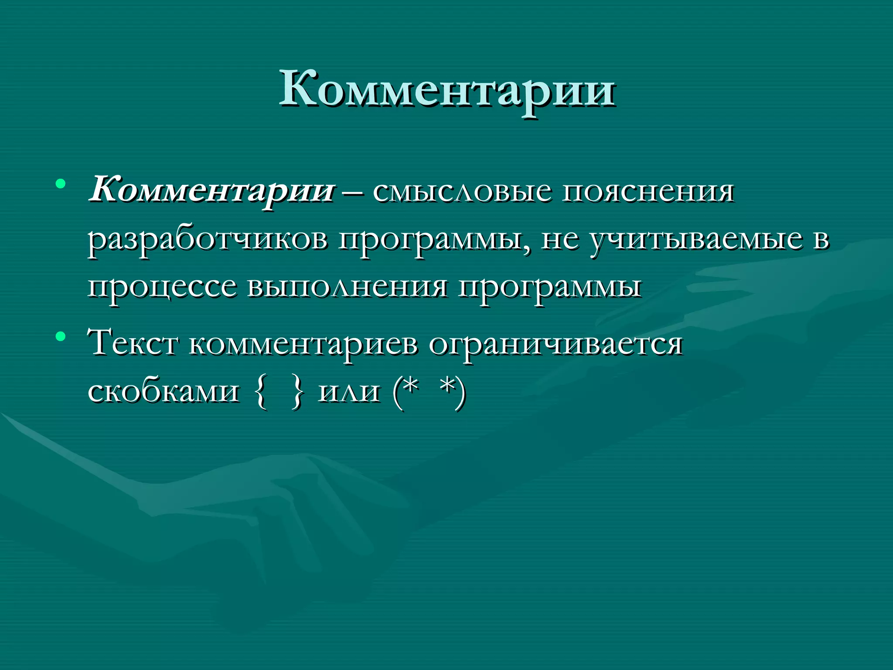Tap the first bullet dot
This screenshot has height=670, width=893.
coord(61,184)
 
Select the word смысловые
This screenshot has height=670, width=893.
coord(462,192)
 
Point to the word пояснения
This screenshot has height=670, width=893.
coord(648,192)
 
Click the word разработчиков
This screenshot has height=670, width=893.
coord(208,240)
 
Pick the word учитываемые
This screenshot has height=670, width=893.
coord(696,240)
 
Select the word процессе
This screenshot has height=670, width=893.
coord(162,288)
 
